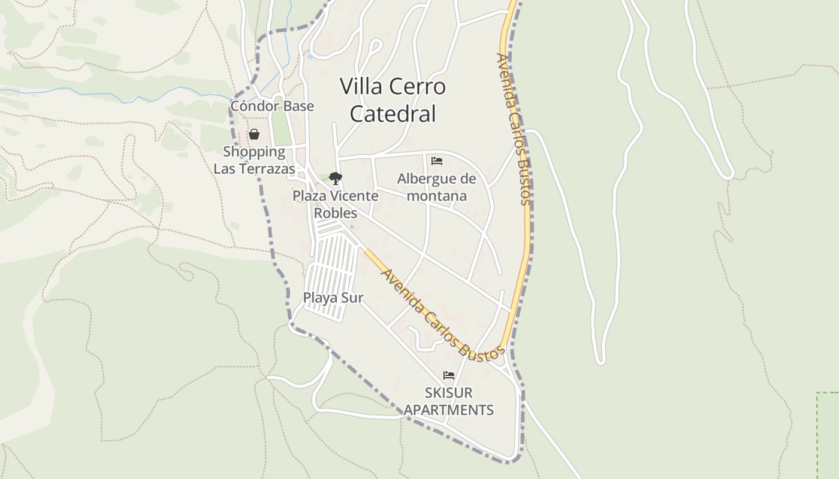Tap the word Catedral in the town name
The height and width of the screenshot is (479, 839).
[x=393, y=114]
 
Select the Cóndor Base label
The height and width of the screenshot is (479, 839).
[x=272, y=106]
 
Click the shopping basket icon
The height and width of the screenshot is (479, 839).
[x=254, y=134]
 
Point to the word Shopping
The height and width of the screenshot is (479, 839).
[x=254, y=151]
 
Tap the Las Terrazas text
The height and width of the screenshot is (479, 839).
[x=254, y=169]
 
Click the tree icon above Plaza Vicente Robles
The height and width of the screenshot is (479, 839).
[x=336, y=178]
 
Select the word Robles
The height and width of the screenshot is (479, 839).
[x=336, y=213]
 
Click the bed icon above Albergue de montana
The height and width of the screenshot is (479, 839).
[x=437, y=161]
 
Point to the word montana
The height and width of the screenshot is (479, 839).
[x=437, y=196]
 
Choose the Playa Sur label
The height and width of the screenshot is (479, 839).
[x=333, y=298]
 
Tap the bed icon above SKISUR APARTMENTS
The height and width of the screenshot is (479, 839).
[x=449, y=375]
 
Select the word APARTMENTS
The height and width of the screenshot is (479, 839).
[x=449, y=410]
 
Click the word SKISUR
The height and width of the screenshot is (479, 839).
[x=449, y=393]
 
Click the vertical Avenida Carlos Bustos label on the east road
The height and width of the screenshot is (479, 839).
[x=514, y=129]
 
